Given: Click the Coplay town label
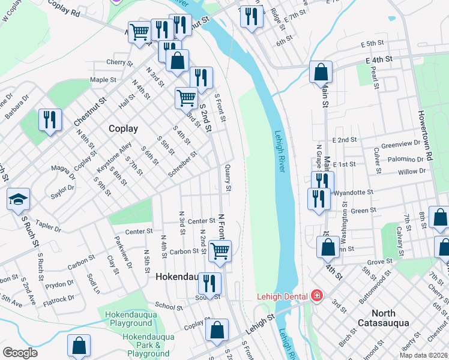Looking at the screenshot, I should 123,128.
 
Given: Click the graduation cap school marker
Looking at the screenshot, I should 19,199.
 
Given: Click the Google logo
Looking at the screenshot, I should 20,353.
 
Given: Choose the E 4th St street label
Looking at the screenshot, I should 379,60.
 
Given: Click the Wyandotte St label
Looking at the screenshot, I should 354,193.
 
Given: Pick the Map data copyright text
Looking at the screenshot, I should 423,355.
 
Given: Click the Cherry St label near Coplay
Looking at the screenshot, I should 118,62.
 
